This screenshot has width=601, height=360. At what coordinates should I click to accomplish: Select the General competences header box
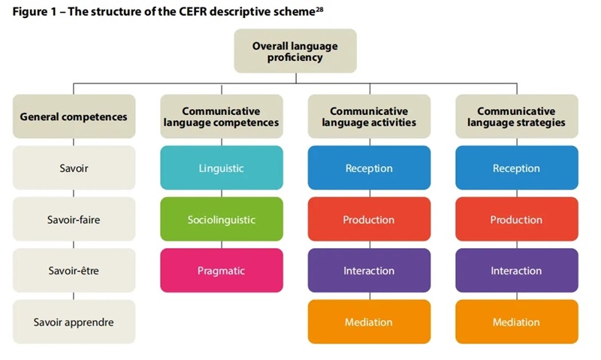point(74,116)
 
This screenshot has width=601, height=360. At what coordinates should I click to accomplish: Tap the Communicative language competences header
point(221,116)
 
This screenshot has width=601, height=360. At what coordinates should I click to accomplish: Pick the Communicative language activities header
point(369,116)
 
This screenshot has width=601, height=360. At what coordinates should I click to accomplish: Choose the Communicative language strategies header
point(516,116)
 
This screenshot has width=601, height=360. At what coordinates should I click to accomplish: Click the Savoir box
point(74,168)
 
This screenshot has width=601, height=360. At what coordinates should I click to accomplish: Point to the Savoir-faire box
point(74,219)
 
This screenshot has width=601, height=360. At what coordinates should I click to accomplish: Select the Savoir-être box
point(74,271)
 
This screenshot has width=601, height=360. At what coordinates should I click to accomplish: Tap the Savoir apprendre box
point(74,322)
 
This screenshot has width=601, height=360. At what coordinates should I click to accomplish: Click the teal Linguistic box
point(221,168)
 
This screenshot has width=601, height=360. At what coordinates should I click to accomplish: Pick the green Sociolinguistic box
point(221,219)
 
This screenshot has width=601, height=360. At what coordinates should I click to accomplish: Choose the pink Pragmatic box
point(221,271)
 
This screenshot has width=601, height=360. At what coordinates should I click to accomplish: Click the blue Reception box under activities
point(369,168)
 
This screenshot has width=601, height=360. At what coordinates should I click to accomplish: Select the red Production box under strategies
point(516,219)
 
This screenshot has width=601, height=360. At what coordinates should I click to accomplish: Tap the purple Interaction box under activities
point(369,271)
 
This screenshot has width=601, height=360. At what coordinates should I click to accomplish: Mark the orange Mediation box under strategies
point(516,322)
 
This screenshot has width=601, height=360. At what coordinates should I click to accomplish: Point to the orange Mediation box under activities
point(369,322)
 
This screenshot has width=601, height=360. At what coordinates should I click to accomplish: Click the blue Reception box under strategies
point(516,168)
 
